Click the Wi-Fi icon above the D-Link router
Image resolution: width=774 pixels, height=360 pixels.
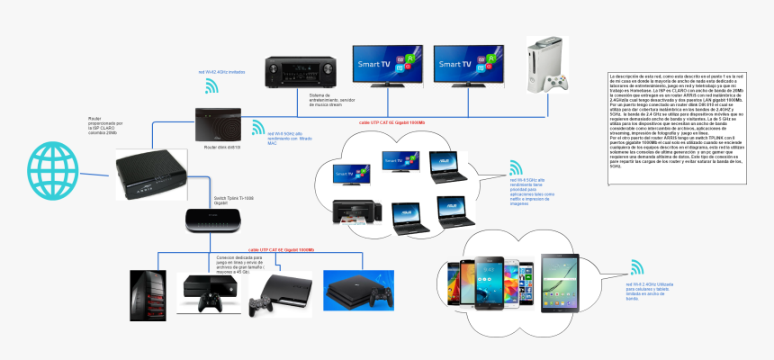(211, 85)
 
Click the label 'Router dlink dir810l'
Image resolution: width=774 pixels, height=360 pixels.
(222, 146)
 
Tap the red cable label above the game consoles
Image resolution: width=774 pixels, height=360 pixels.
(281, 249)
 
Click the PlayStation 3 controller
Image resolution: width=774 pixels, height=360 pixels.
(261, 305)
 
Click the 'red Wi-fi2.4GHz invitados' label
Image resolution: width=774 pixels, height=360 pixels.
(222, 71)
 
